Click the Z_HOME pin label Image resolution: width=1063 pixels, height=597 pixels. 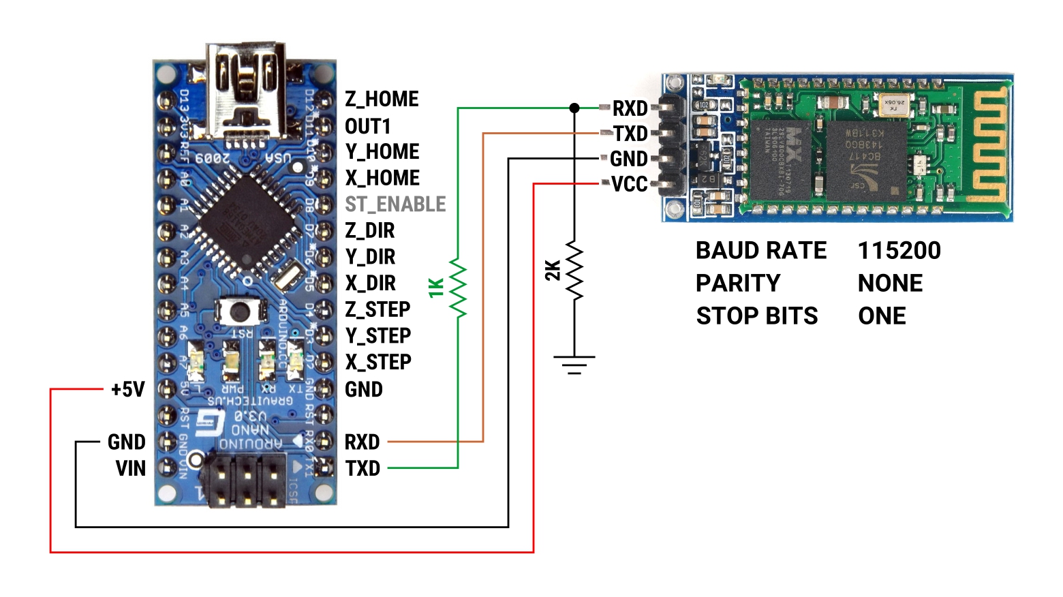(382, 99)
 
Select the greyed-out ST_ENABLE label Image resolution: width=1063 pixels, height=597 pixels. (395, 204)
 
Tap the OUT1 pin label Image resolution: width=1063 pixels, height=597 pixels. (367, 127)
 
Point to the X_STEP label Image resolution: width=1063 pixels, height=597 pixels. (378, 363)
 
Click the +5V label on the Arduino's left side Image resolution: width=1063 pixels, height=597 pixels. (128, 390)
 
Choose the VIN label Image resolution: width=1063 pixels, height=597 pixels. (131, 469)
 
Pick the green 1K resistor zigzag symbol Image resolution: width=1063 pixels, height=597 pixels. (458, 288)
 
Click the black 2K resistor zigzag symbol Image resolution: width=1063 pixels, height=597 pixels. (574, 271)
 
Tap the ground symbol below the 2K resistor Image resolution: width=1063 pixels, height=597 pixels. (574, 365)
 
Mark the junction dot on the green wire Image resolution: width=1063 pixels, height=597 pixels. (574, 108)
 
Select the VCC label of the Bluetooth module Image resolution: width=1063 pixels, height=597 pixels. (629, 185)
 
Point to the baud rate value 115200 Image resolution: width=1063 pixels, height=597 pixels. (899, 251)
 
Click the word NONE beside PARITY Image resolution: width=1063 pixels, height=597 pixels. (890, 284)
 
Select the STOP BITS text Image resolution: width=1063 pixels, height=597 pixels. (756, 316)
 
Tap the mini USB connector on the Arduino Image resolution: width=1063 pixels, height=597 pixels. (246, 92)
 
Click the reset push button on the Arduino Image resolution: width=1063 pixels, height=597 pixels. (238, 312)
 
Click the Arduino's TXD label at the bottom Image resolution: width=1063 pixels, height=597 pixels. (363, 469)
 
